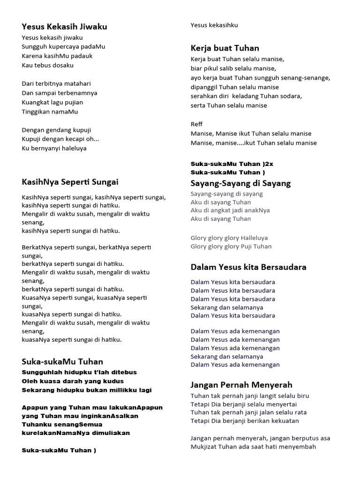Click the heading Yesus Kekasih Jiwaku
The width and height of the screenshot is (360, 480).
coord(64,27)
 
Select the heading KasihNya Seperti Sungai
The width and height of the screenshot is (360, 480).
coord(70,182)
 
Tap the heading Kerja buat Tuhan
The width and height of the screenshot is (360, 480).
coord(225,48)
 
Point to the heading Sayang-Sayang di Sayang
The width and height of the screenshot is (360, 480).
coord(240,183)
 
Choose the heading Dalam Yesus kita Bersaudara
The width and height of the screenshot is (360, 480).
coord(248,267)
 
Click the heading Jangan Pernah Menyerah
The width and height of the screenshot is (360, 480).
coord(241,385)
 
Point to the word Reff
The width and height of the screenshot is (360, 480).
coord(196,124)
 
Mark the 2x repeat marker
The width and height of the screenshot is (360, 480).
coord(268,164)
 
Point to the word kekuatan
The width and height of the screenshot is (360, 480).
coord(283,421)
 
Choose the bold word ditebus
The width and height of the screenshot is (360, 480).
coord(120,372)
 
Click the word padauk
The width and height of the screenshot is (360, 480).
coord(82,56)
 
